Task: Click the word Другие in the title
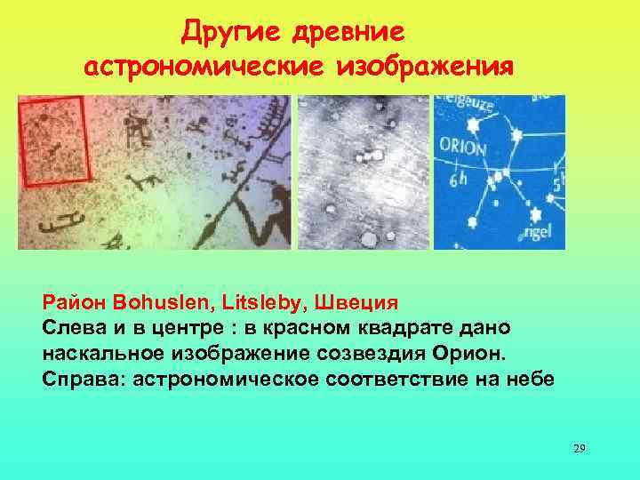[223, 34]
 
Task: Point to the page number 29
[580, 449]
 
